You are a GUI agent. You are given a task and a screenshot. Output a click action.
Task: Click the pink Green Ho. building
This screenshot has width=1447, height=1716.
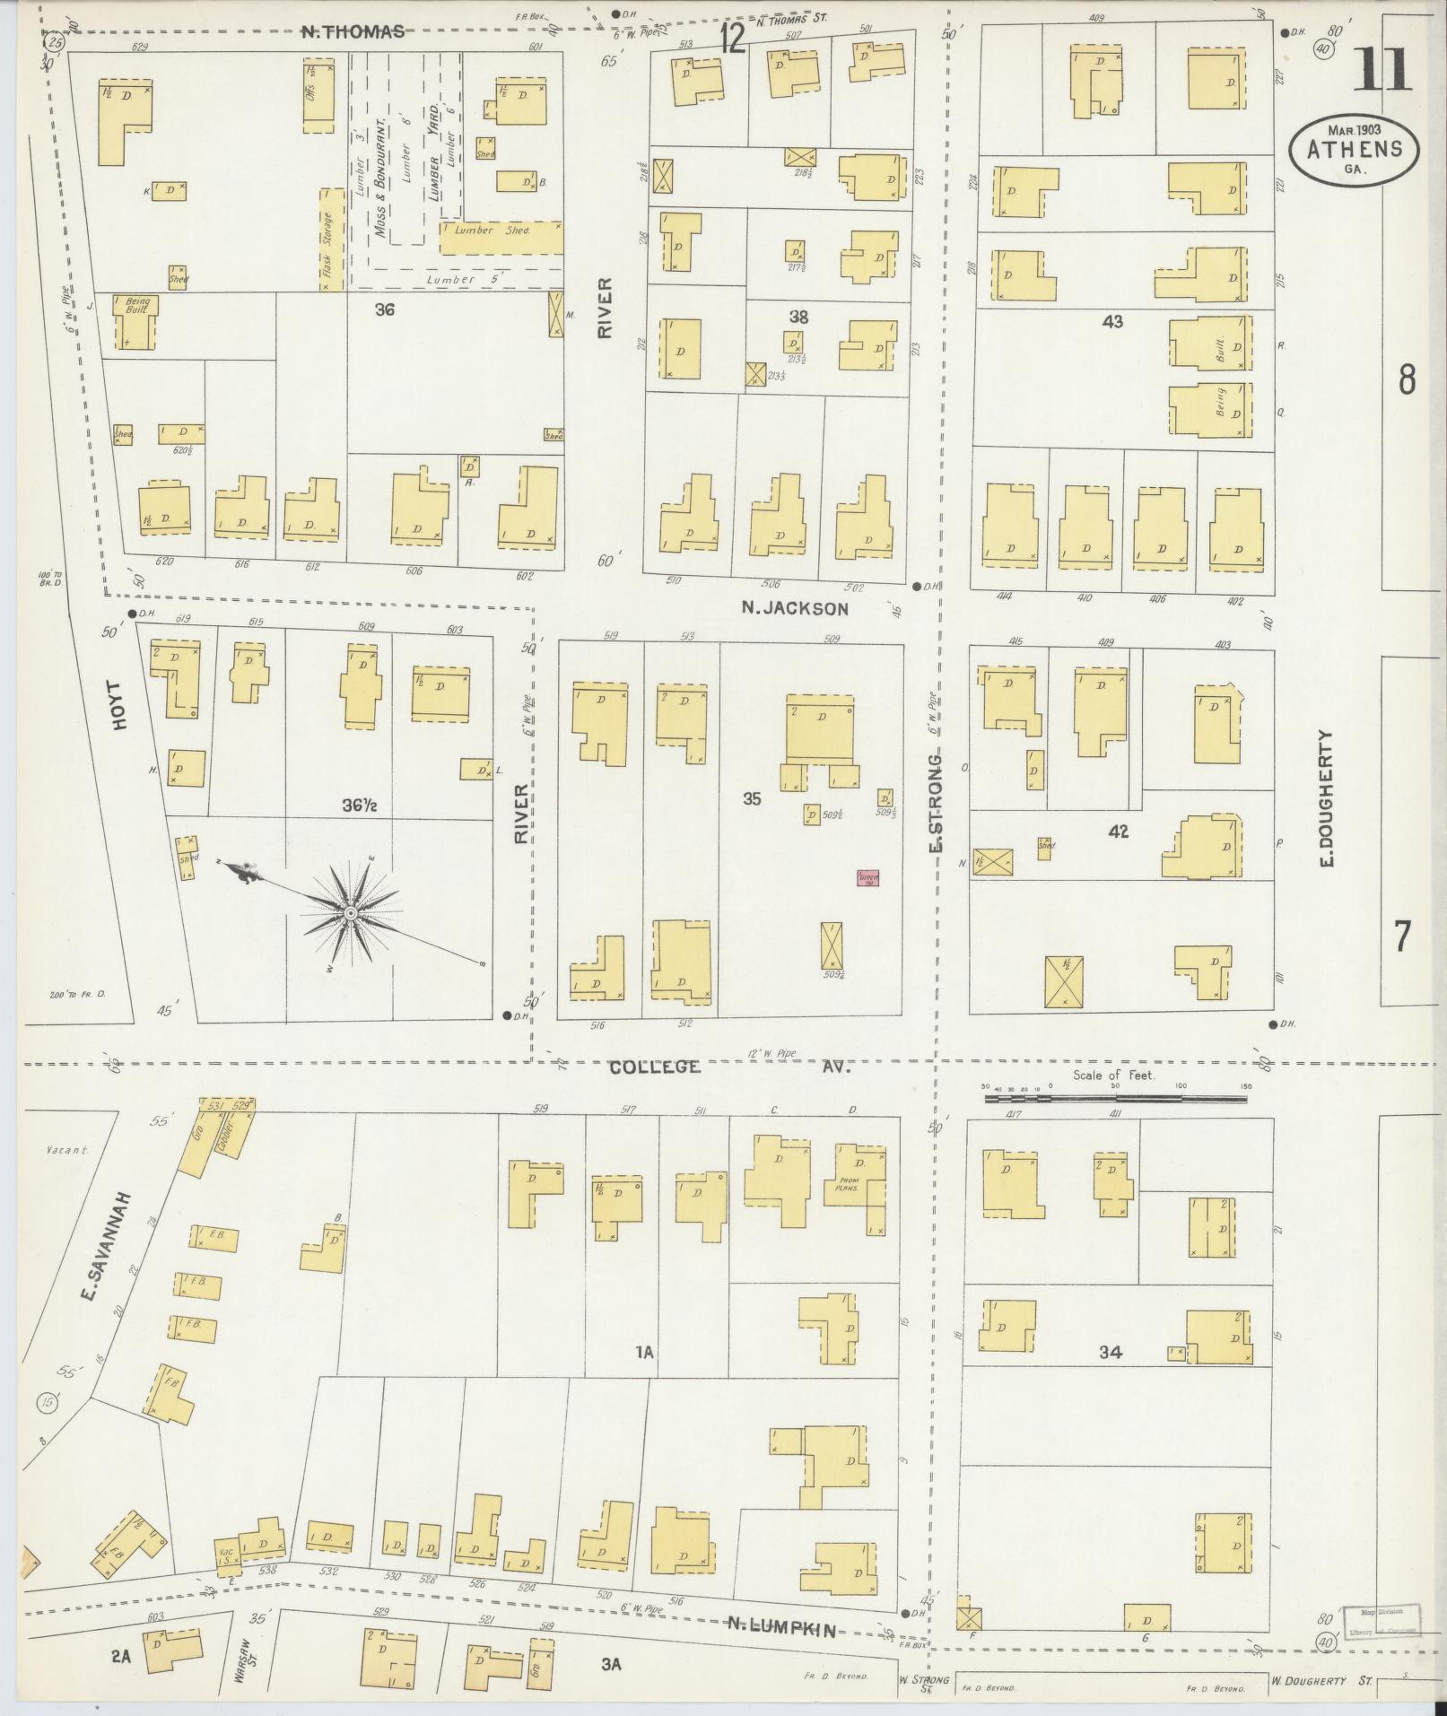pos(867,878)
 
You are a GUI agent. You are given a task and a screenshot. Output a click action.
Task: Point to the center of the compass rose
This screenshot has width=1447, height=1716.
pos(351,913)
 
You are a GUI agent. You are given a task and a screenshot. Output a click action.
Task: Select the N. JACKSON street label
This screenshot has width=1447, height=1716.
pos(794,609)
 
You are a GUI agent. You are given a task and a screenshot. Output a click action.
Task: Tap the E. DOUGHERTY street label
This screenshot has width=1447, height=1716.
pos(1328,797)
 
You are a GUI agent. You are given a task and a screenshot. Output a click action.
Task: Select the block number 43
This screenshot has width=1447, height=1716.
pos(1111,321)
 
